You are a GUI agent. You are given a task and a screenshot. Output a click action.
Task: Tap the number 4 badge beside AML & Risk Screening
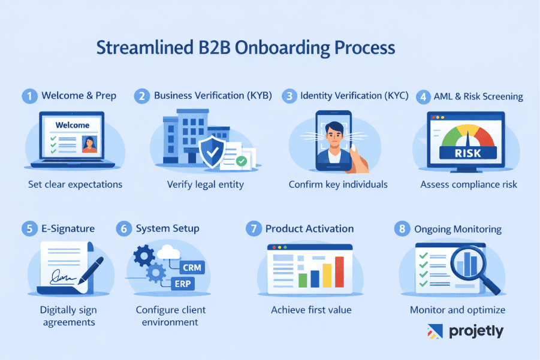[x=423, y=96]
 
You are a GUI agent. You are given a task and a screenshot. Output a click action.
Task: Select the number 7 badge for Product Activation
[x=254, y=229]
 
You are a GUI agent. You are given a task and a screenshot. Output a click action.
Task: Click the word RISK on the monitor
[x=469, y=153]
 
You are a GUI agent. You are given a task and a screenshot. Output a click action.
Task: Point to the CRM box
[x=191, y=267]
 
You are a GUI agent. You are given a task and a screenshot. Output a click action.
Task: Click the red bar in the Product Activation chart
[x=339, y=271]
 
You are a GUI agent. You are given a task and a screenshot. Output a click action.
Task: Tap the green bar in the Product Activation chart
[x=302, y=280]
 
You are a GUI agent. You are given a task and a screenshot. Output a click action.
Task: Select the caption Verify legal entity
[x=205, y=184]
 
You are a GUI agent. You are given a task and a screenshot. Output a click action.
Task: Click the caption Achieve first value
[x=311, y=310]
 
